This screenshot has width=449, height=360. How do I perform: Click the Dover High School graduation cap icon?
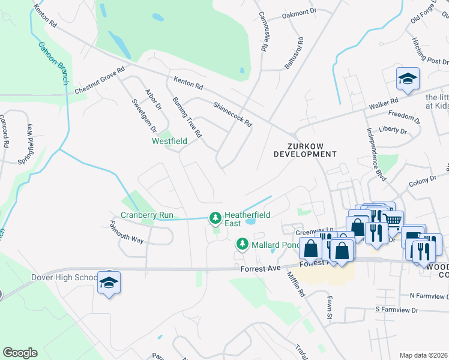109,283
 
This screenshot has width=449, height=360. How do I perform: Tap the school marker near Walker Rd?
408,79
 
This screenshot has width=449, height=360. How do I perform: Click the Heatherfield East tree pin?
214,217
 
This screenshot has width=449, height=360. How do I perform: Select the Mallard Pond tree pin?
242,244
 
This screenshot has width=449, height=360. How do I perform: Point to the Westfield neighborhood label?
169,141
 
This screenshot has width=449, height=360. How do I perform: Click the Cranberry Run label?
147,215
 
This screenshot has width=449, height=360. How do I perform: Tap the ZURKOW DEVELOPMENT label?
305,150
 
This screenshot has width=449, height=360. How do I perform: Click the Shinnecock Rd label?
232,113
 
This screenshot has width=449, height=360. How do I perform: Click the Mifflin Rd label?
297,284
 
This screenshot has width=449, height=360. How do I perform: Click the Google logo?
20,353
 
